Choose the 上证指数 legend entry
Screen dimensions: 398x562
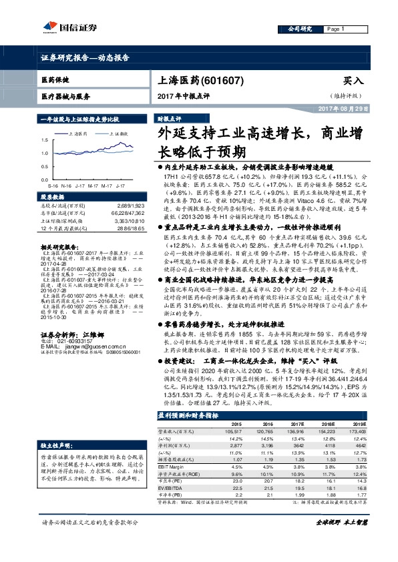[x=118, y=134]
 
